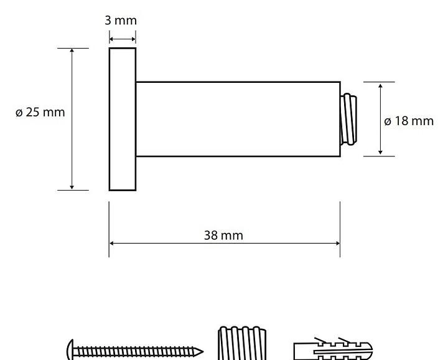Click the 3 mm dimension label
click(x=121, y=21)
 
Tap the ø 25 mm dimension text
click(x=40, y=112)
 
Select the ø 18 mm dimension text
click(x=409, y=121)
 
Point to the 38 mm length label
click(x=223, y=235)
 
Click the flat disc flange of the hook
click(x=123, y=119)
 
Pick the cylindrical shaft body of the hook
click(x=238, y=119)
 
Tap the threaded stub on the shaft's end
click(x=348, y=119)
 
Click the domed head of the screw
click(x=70, y=350)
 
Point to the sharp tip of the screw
click(x=203, y=351)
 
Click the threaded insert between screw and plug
click(x=242, y=343)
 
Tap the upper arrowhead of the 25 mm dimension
click(x=72, y=50)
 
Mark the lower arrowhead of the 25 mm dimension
click(x=72, y=187)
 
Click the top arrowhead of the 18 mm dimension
click(x=380, y=86)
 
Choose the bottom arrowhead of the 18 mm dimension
click(x=380, y=152)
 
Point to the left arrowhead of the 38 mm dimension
click(x=112, y=244)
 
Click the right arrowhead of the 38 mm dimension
click(x=337, y=244)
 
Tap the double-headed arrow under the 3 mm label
click(x=123, y=39)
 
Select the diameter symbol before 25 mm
click(x=19, y=113)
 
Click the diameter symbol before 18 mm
click(x=388, y=122)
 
